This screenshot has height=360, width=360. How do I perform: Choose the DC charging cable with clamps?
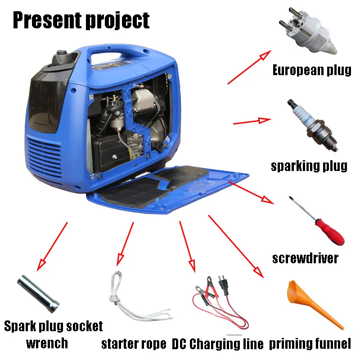(220, 299)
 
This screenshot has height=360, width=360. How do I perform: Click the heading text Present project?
(81, 20)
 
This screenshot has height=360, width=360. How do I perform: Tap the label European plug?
(312, 70)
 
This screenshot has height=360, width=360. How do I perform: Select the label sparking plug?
(309, 166)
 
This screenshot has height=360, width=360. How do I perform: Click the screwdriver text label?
(306, 258)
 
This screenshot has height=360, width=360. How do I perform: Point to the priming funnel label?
(310, 344)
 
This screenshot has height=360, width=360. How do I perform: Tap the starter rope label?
(134, 344)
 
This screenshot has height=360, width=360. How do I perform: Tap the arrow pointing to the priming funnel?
(234, 246)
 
